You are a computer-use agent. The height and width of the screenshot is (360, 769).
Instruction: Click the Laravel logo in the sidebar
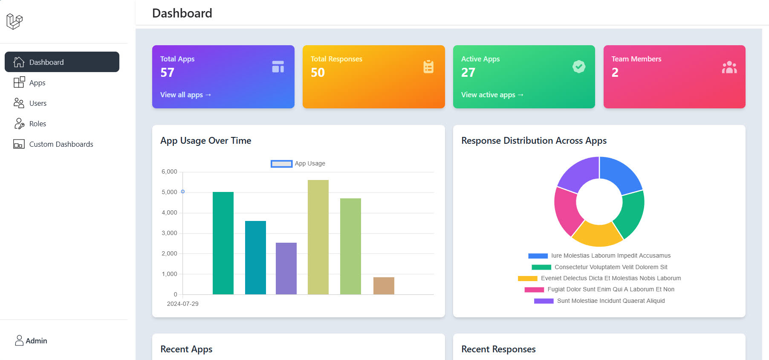14,21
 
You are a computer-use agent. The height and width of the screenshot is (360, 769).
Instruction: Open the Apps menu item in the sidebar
37,83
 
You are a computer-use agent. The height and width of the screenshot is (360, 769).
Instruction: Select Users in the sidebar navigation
38,103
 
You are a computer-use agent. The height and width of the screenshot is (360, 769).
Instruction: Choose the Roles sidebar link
38,124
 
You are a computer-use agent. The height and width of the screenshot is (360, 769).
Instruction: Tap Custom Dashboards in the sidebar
61,144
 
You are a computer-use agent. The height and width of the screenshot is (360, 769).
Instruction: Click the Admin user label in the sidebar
36,341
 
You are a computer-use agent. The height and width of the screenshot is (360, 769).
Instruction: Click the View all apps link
185,95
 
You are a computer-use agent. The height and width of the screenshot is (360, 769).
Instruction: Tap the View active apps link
492,95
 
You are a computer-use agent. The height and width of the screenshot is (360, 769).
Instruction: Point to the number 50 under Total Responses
318,73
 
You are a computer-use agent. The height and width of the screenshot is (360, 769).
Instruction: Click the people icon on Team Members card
729,67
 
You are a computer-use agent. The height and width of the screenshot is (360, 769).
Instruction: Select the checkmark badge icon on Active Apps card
578,67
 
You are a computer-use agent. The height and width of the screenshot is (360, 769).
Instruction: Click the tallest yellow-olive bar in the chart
318,237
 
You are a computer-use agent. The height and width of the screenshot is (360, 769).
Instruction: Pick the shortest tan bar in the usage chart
384,286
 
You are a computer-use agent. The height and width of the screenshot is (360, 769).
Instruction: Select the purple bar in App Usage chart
286,268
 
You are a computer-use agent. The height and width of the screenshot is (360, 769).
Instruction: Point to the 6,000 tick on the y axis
169,171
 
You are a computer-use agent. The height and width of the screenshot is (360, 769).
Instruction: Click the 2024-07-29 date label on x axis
182,304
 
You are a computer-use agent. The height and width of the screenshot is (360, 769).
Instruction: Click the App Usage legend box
281,164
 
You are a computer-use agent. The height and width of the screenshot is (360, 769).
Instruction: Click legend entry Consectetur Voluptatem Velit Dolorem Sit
610,267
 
